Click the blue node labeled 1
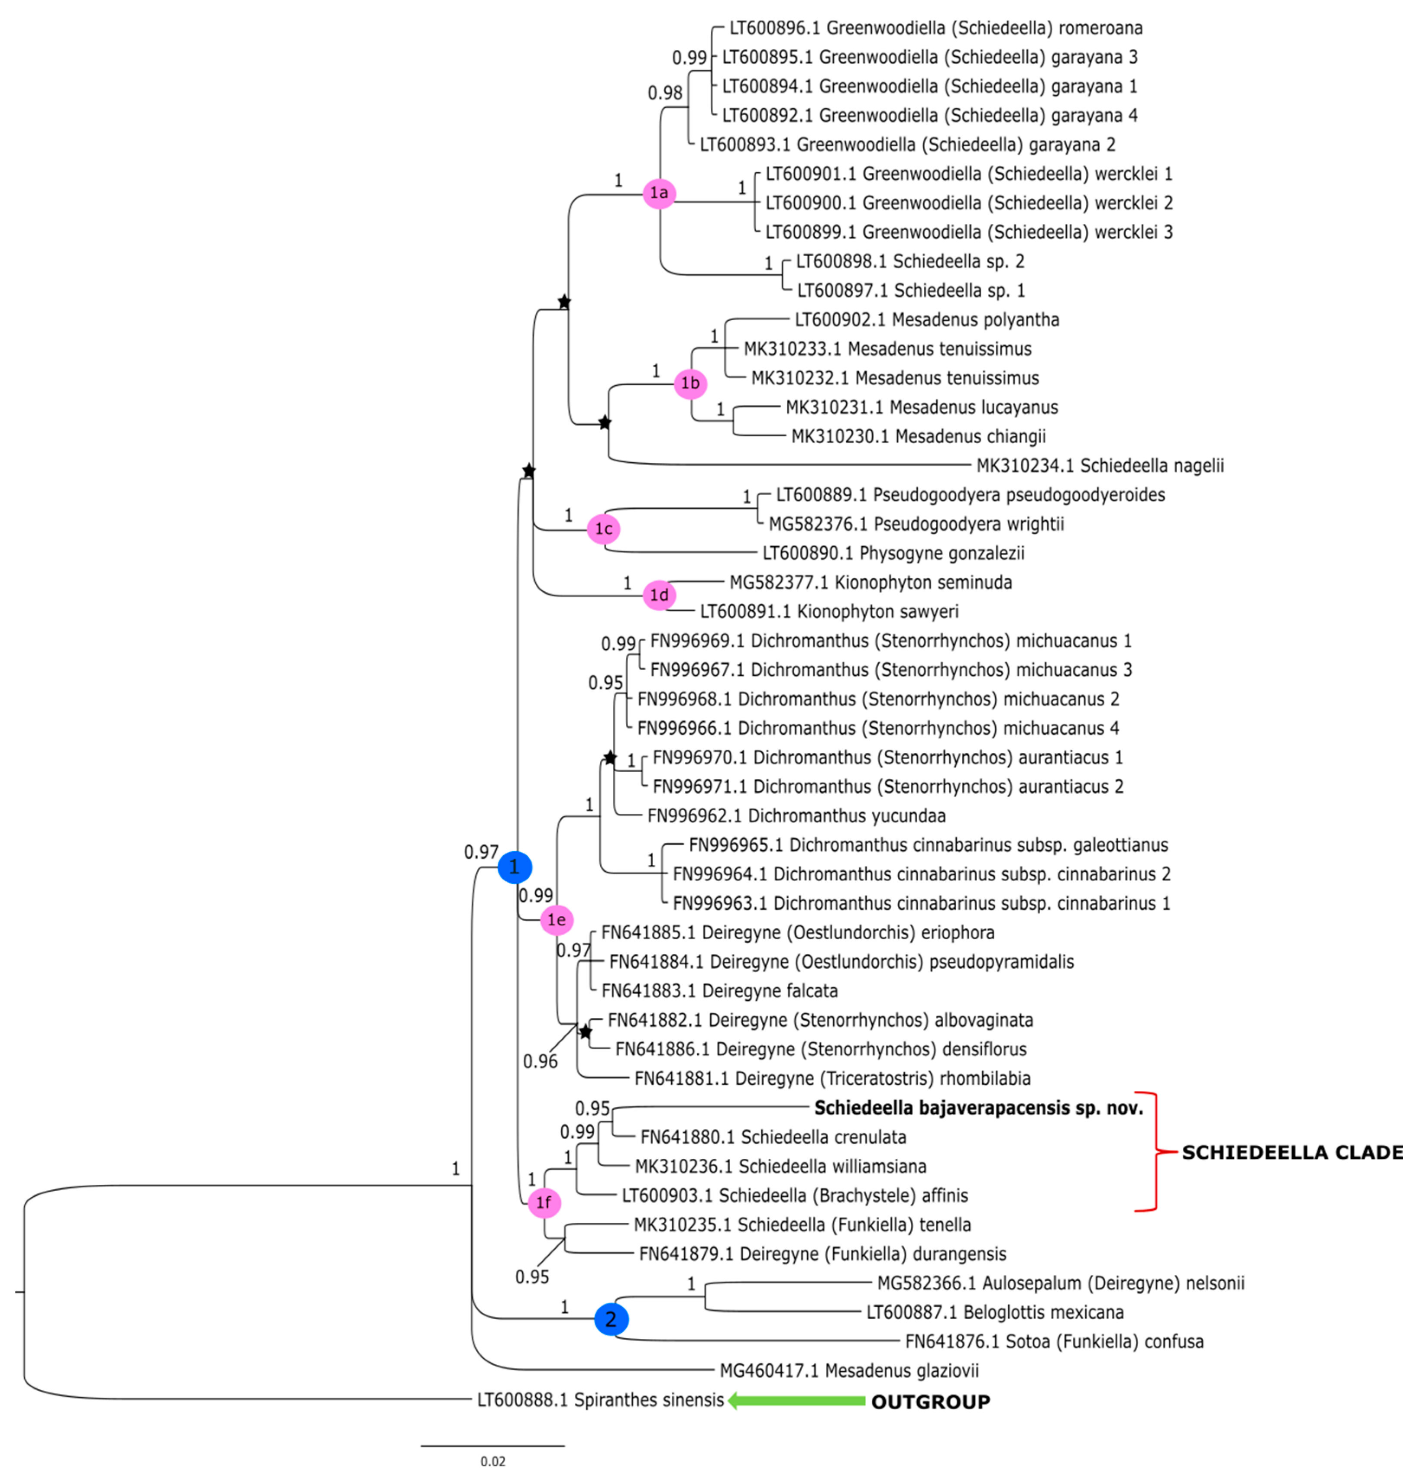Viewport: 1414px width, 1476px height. [514, 867]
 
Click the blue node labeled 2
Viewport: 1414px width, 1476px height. [611, 1318]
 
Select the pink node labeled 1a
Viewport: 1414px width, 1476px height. [659, 193]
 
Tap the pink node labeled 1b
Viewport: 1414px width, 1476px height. [690, 384]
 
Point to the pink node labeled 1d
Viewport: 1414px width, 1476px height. [659, 595]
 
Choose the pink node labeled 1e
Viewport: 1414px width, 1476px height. [557, 919]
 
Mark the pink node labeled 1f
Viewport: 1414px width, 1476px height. [544, 1202]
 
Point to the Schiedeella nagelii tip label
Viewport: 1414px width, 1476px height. [1100, 465]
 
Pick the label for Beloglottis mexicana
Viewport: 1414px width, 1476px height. [994, 1312]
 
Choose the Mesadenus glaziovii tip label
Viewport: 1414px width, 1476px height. [849, 1370]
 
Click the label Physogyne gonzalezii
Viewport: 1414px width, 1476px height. [893, 554]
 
